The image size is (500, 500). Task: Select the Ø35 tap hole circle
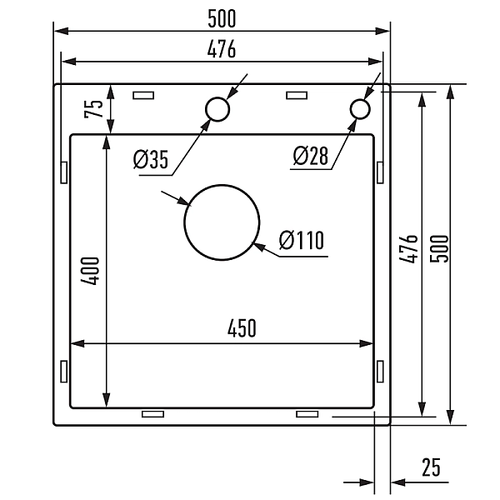point(217,109)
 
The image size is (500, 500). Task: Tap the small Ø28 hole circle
point(360,108)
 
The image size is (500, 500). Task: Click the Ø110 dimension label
point(301,241)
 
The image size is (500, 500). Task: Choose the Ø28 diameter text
point(311,155)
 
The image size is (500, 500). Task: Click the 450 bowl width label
point(241,328)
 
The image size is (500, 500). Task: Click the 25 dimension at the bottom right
point(430,467)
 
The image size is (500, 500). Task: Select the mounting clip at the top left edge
point(143,95)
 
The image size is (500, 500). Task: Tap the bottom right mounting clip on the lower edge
point(307,414)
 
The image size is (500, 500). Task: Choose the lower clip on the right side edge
point(380,371)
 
